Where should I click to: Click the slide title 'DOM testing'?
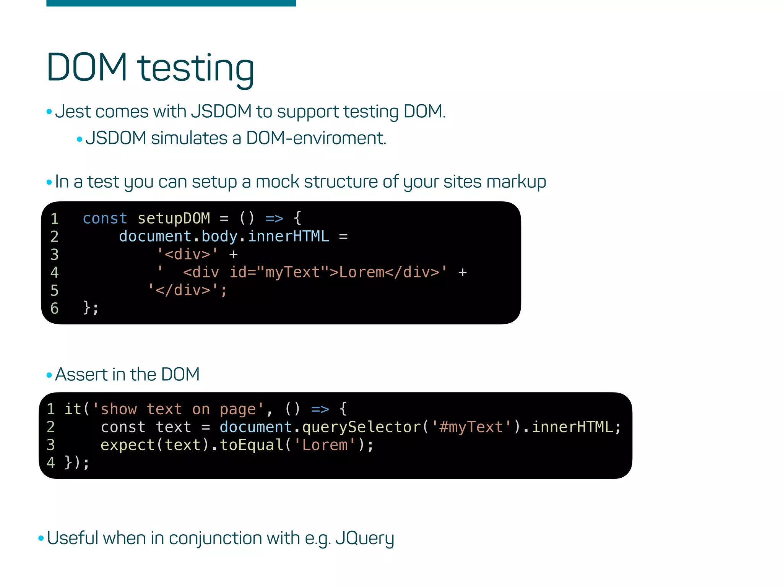pyautogui.click(x=150, y=68)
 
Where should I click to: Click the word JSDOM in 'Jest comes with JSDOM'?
pyautogui.click(x=221, y=112)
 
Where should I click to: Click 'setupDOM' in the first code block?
pyautogui.click(x=174, y=218)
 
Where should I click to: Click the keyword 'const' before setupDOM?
pyautogui.click(x=105, y=218)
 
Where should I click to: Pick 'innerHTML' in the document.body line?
pyautogui.click(x=288, y=236)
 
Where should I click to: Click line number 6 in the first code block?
pyautogui.click(x=55, y=308)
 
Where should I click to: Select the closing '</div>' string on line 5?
pyautogui.click(x=187, y=290)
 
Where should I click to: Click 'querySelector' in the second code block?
pyautogui.click(x=361, y=427)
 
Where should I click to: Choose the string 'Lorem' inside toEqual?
pyautogui.click(x=325, y=445)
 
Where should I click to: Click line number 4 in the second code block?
pyautogui.click(x=51, y=463)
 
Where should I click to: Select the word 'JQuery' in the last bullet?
pyautogui.click(x=364, y=538)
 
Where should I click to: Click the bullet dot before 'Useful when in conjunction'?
pyautogui.click(x=41, y=538)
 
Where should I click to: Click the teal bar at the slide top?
pyautogui.click(x=171, y=3)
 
